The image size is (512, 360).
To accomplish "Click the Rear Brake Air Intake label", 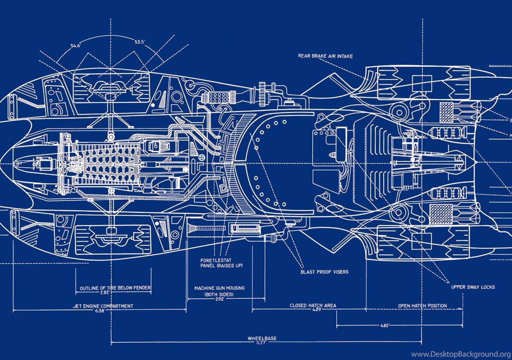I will [325, 56].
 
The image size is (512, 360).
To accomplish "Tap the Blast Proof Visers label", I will [324, 272].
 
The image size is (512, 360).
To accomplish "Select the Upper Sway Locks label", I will [473, 287].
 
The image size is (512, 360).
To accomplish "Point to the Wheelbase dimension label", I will [262, 338].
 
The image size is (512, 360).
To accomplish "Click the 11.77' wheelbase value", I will [262, 342].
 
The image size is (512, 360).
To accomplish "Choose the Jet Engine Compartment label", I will [103, 306].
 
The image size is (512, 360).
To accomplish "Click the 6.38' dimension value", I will [100, 310].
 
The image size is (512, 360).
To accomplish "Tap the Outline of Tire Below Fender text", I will [115, 288].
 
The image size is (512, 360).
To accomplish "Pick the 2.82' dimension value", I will [105, 292].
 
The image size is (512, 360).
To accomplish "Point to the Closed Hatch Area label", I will [313, 306].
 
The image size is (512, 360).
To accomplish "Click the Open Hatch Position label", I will [422, 306].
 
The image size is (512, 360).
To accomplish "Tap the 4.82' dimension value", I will [384, 326].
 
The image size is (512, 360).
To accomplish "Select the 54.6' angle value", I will [76, 46].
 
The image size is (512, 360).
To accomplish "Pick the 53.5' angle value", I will [140, 42].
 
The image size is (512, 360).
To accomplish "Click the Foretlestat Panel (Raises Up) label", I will [221, 263].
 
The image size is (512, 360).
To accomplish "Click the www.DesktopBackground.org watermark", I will [461, 354].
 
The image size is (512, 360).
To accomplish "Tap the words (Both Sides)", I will [220, 294].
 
